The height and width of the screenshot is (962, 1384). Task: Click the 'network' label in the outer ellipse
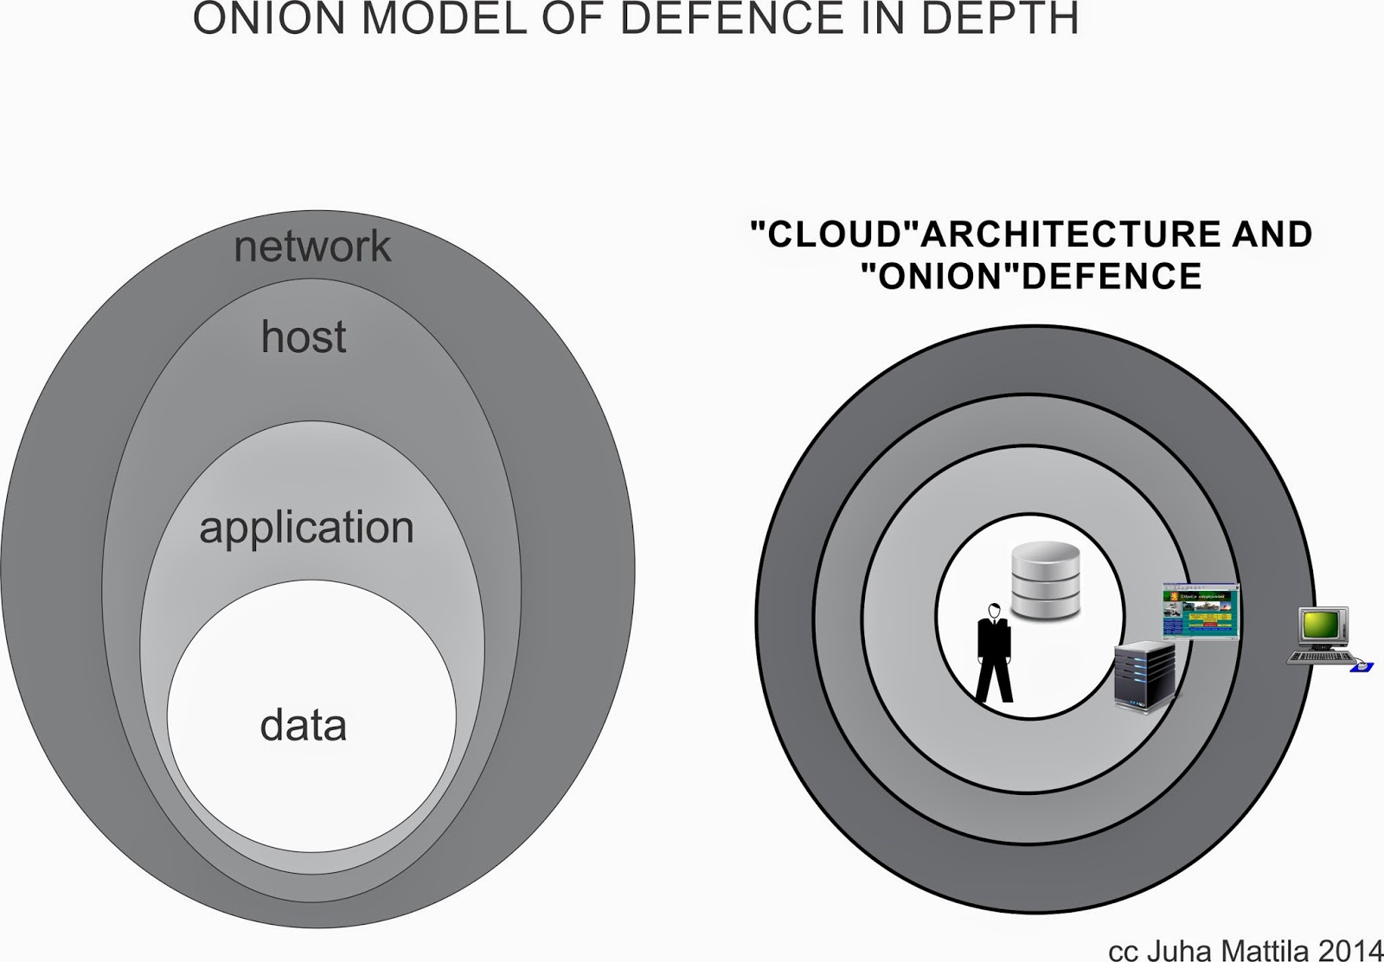pyautogui.click(x=312, y=247)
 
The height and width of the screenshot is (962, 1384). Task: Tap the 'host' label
pyautogui.click(x=304, y=337)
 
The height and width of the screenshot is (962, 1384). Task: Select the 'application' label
pyautogui.click(x=307, y=528)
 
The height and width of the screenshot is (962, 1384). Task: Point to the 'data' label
pyautogui.click(x=304, y=725)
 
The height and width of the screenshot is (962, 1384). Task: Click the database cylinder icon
pyautogui.click(x=1046, y=580)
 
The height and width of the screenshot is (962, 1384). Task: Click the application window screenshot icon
pyautogui.click(x=1201, y=612)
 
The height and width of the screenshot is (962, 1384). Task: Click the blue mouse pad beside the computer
pyautogui.click(x=1362, y=666)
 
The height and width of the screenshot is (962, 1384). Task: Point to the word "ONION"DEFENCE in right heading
pyautogui.click(x=1031, y=276)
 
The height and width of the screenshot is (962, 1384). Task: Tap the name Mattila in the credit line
pyautogui.click(x=1265, y=948)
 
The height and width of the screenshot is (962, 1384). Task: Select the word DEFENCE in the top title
pyautogui.click(x=730, y=19)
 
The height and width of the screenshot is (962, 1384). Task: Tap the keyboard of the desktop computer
pyautogui.click(x=1320, y=657)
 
